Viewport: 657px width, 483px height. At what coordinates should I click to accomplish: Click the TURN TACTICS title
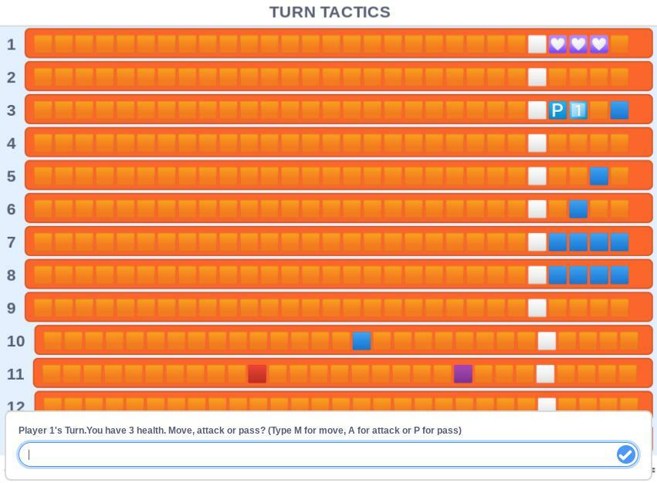[330, 12]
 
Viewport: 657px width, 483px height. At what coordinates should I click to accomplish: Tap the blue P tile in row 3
[557, 110]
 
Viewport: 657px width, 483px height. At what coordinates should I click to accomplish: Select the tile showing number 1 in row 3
[578, 110]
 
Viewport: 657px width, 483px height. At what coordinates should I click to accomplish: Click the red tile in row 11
[257, 374]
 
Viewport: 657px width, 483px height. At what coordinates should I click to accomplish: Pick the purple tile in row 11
[463, 374]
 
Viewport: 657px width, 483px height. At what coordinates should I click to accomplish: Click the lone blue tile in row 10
[361, 341]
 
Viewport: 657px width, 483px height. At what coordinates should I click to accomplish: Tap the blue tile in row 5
[599, 176]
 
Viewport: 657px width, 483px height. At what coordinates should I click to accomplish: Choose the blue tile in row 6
[578, 209]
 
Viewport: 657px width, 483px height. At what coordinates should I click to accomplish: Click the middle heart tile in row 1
[578, 44]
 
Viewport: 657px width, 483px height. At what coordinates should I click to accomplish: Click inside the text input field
[317, 454]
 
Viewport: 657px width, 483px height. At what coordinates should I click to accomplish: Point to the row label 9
[12, 308]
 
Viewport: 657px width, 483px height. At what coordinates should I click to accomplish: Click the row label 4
[12, 144]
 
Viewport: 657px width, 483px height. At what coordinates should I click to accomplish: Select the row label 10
[16, 341]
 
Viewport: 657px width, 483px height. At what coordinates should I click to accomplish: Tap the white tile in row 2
[537, 77]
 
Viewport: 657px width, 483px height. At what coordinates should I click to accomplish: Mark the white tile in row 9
[537, 308]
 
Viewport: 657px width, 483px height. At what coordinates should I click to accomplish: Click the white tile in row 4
[537, 144]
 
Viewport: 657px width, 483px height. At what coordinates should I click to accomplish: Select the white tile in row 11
[545, 374]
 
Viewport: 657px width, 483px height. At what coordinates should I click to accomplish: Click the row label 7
[12, 242]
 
